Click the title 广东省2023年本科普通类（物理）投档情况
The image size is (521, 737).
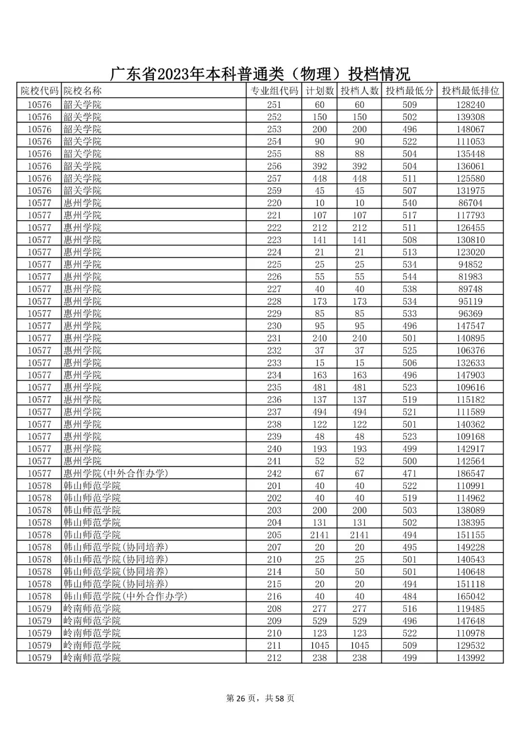[260, 74]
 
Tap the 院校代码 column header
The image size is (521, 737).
[39, 91]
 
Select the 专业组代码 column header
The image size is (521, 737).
[274, 91]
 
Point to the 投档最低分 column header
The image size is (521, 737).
[409, 91]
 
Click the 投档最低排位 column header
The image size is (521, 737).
[470, 91]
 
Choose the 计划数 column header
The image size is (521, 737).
[319, 91]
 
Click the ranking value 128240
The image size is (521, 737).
[470, 105]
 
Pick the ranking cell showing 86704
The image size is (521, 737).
[470, 203]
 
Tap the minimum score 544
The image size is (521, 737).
[409, 277]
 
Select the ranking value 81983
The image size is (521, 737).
[470, 277]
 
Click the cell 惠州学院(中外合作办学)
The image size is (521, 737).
[116, 473]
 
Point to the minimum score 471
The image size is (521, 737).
[409, 473]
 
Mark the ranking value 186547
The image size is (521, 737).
[470, 473]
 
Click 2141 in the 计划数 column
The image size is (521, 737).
[319, 535]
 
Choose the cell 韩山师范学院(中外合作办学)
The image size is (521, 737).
[125, 597]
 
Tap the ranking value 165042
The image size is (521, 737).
[470, 597]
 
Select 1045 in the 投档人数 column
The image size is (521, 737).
[359, 645]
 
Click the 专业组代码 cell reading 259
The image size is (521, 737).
[274, 191]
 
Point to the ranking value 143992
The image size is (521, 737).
[470, 658]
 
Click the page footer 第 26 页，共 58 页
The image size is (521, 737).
[260, 698]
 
